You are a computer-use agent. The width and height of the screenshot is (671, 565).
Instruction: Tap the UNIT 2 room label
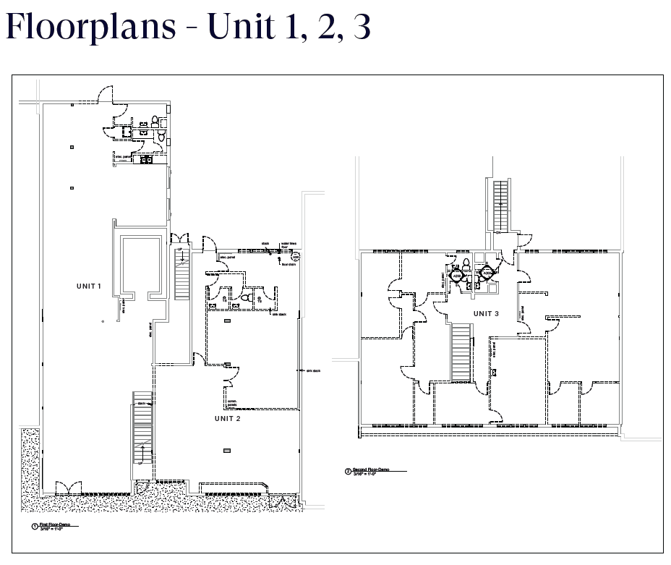coord(227,419)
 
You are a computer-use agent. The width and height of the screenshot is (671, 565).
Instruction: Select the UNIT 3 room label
coord(486,313)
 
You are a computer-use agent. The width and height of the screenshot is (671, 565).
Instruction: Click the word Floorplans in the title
coord(91,27)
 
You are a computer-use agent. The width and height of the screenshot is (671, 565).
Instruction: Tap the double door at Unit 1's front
coord(59,488)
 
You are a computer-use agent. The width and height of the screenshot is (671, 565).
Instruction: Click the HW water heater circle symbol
coord(296,256)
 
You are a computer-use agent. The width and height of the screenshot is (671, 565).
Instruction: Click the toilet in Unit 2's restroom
coord(247,297)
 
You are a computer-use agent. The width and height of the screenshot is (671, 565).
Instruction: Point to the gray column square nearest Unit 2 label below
coord(227,451)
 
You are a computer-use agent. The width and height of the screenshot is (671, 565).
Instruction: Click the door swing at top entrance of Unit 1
coord(106,93)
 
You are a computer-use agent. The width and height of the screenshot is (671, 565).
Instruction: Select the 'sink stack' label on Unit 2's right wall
coord(312,371)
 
